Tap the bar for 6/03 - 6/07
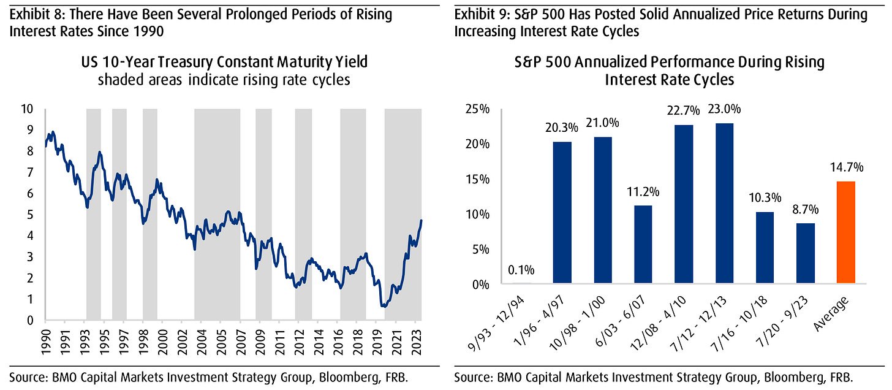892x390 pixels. click(x=643, y=245)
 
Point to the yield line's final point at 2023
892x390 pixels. click(x=421, y=220)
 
